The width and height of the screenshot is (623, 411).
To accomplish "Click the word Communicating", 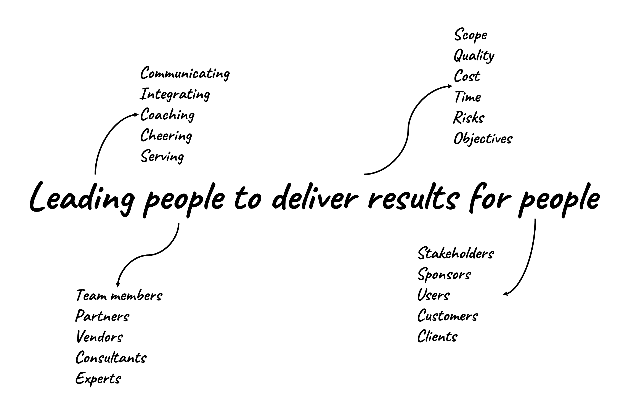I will (x=185, y=73).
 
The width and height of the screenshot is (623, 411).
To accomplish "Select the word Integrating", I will (x=175, y=94).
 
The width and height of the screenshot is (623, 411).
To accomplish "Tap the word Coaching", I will (x=167, y=115).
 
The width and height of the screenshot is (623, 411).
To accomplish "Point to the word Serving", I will (x=162, y=156).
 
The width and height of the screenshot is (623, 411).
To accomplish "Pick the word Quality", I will (x=474, y=56).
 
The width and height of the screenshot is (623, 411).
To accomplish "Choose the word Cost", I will (x=467, y=76).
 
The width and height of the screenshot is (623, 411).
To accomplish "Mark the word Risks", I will (x=469, y=118).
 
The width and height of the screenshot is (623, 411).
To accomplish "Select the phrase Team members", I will (x=119, y=296).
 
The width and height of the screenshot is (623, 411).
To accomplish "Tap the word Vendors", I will (x=100, y=337).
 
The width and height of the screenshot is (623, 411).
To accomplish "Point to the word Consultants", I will (x=111, y=358).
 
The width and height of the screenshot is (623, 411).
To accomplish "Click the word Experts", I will (x=98, y=379).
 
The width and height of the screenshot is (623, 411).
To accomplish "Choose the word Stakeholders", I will (x=456, y=254).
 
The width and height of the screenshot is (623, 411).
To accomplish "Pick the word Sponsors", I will (x=445, y=275).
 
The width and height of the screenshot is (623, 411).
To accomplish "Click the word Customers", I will (x=448, y=316).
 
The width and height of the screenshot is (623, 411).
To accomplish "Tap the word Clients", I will (x=437, y=337).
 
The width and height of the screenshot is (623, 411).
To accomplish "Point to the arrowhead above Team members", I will (x=118, y=285).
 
